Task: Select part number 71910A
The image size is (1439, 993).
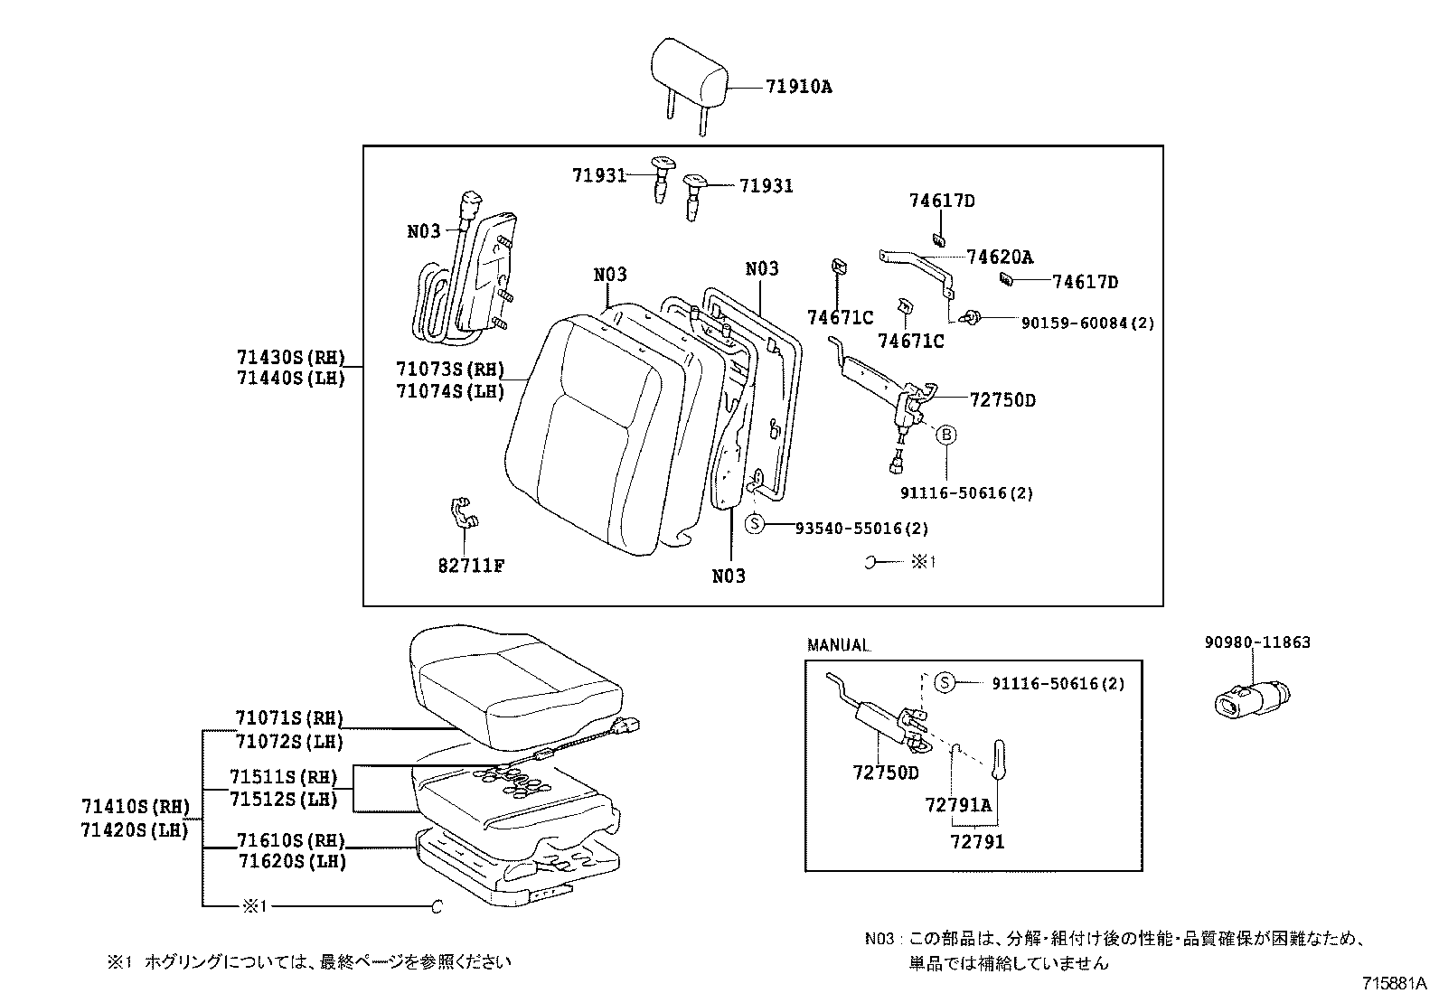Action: [x=798, y=87]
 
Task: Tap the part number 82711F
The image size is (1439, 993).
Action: [x=471, y=566]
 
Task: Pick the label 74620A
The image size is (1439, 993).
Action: [x=999, y=257]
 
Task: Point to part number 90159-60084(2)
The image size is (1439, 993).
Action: [x=1087, y=323]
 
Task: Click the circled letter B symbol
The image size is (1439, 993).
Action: [x=946, y=435]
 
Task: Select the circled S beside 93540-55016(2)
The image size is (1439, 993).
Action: [x=756, y=524]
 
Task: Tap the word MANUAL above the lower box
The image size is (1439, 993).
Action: [x=838, y=646]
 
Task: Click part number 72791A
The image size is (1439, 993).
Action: [x=958, y=804]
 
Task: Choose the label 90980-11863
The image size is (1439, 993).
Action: [x=1257, y=642]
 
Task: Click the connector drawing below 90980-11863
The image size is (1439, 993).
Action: [x=1250, y=698]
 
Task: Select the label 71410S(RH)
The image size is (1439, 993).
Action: [x=135, y=806]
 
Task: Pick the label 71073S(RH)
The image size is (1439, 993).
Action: [x=449, y=369]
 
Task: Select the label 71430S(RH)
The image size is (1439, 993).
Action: [x=292, y=357]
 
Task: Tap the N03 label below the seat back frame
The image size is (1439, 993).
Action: [x=729, y=576]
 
